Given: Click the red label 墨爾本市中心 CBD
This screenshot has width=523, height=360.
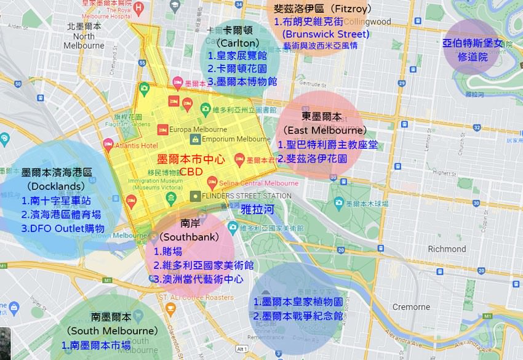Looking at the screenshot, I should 191,165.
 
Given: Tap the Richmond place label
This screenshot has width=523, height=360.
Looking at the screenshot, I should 447,249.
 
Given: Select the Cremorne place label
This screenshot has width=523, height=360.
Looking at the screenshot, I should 411,306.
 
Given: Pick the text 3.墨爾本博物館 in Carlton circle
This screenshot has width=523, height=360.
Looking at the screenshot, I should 242,81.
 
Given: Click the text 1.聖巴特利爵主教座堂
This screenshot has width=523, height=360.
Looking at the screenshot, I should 327,145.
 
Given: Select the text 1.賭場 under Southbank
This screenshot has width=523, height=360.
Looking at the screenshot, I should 167,251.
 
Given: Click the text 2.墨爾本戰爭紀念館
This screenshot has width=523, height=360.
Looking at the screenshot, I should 298,316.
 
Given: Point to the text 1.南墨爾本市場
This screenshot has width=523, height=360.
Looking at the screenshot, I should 96,345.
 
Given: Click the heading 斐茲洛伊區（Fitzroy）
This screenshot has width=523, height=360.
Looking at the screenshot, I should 322,9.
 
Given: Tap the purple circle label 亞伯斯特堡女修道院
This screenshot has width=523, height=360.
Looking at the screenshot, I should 473,50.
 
